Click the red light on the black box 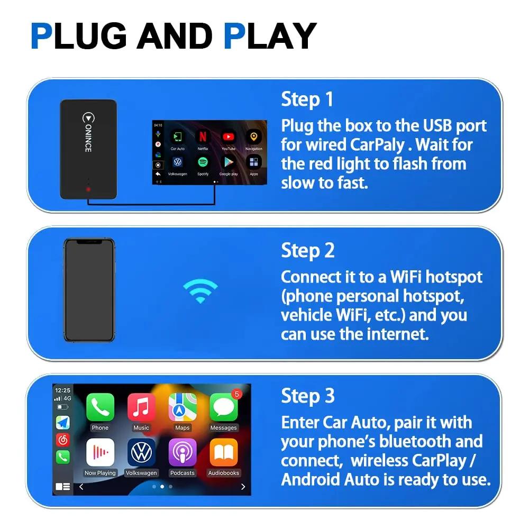click(88, 189)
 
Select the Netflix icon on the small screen click(203, 138)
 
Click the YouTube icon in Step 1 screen click(229, 138)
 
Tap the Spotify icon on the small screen click(203, 162)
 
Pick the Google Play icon click(229, 162)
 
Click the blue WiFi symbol click(200, 290)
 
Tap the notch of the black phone click(89, 242)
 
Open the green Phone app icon click(100, 407)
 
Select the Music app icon click(141, 407)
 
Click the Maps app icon click(183, 407)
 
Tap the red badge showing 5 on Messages click(236, 394)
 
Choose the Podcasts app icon click(183, 452)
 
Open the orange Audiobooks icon click(224, 452)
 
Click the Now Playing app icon click(100, 452)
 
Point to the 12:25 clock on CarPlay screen click(62, 390)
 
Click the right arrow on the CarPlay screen click(243, 487)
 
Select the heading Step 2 click(308, 250)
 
